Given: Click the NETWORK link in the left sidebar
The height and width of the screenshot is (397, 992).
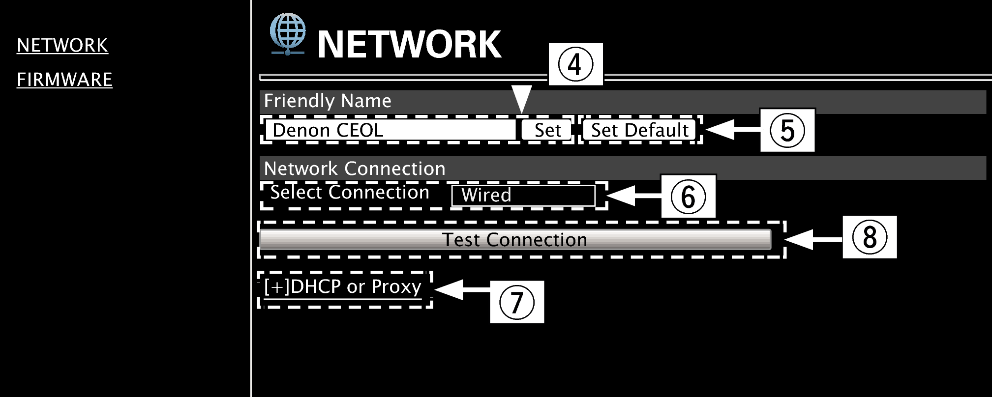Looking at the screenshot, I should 62,45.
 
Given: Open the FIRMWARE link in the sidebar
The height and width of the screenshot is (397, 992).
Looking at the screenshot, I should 64,80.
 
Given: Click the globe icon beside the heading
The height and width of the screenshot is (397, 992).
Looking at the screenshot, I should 288,33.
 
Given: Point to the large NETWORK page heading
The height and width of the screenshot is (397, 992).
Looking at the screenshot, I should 409,45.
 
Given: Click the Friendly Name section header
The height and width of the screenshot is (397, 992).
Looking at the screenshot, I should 328,101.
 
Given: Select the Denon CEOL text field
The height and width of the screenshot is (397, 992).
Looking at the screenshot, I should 390,130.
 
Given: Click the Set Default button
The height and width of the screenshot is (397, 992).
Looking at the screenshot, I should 639,130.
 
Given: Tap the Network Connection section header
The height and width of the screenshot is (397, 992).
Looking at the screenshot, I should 355,169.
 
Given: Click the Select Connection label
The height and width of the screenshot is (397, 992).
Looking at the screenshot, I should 350,193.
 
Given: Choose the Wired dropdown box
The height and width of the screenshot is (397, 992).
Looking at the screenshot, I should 523,196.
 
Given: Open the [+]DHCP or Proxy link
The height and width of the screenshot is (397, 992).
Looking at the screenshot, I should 343,287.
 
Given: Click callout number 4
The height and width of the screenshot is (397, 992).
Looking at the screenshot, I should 575,64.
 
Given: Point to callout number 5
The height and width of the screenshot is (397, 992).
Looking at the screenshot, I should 787,130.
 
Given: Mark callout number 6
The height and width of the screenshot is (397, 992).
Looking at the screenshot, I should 688,197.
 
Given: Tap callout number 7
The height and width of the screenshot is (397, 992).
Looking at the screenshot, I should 516,302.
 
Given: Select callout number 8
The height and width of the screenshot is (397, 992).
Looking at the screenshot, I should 870,237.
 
